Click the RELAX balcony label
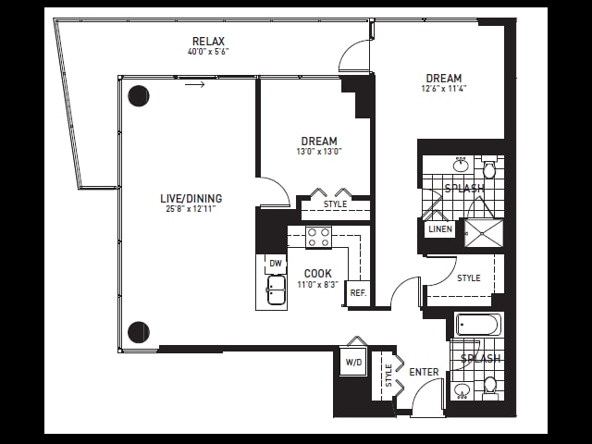pyautogui.click(x=208, y=41)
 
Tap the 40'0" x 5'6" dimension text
pyautogui.click(x=208, y=52)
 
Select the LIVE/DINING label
pyautogui.click(x=191, y=198)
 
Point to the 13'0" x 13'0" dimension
pyautogui.click(x=319, y=152)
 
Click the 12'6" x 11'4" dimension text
pyautogui.click(x=444, y=89)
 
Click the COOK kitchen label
pyautogui.click(x=318, y=274)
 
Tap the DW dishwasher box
pyautogui.click(x=276, y=264)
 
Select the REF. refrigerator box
pyautogui.click(x=358, y=292)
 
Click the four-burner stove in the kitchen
pyautogui.click(x=318, y=237)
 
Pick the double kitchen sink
pyautogui.click(x=277, y=290)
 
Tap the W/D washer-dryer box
pyautogui.click(x=353, y=362)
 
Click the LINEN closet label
pyautogui.click(x=440, y=228)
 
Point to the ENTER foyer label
pyautogui.click(x=424, y=372)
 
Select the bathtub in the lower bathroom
pyautogui.click(x=479, y=325)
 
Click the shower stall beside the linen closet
pyautogui.click(x=484, y=233)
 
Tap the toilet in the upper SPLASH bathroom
pyautogui.click(x=489, y=169)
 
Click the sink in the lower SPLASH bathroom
pyautogui.click(x=462, y=390)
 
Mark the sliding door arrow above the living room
pyautogui.click(x=195, y=84)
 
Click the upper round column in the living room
pyautogui.click(x=139, y=96)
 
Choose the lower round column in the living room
pyautogui.click(x=139, y=332)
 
